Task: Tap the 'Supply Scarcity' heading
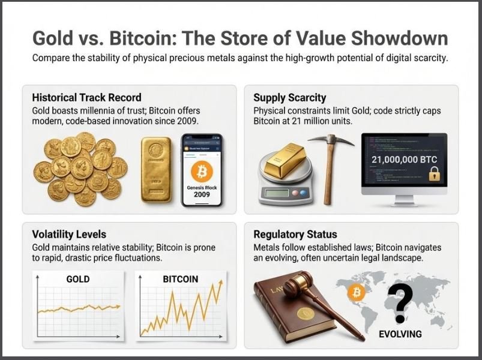tap(290, 97)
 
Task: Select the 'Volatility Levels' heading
tap(68, 235)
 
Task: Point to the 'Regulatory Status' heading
tap(295, 235)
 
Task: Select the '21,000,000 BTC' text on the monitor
tap(403, 160)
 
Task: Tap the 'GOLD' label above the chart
tap(78, 279)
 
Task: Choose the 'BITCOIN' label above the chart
tap(181, 279)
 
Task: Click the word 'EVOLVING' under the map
tap(400, 334)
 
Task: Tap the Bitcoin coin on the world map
tap(356, 293)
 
